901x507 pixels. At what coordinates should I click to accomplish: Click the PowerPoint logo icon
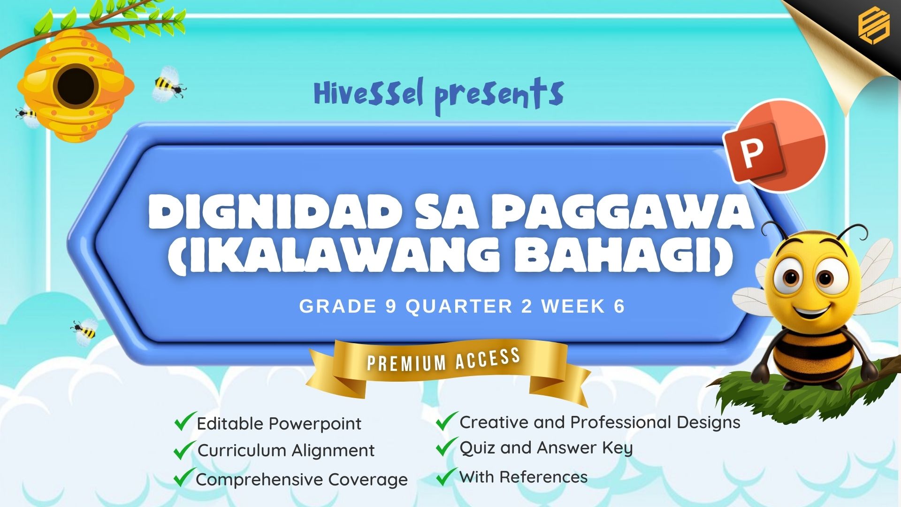775,146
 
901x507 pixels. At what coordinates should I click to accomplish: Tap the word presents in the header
499,96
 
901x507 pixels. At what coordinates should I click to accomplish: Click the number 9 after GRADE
391,306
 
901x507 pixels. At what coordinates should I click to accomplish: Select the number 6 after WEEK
619,306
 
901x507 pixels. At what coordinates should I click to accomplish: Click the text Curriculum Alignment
286,451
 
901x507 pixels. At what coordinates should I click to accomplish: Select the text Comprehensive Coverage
302,480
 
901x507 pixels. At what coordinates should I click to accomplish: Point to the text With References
523,477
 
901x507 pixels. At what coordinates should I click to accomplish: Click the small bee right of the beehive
169,84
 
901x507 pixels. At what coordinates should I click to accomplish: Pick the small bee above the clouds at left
85,330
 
